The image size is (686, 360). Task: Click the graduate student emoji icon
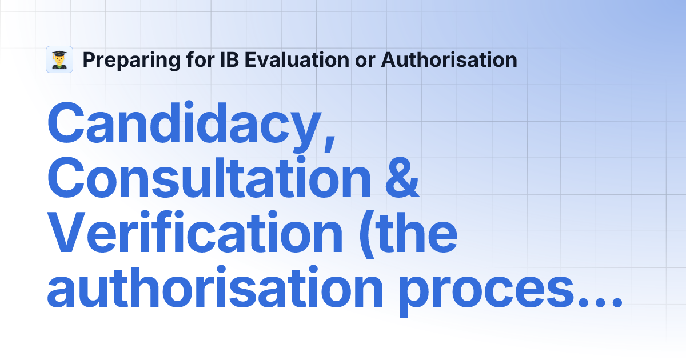point(59,59)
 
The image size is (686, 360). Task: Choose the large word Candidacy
point(183,123)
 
